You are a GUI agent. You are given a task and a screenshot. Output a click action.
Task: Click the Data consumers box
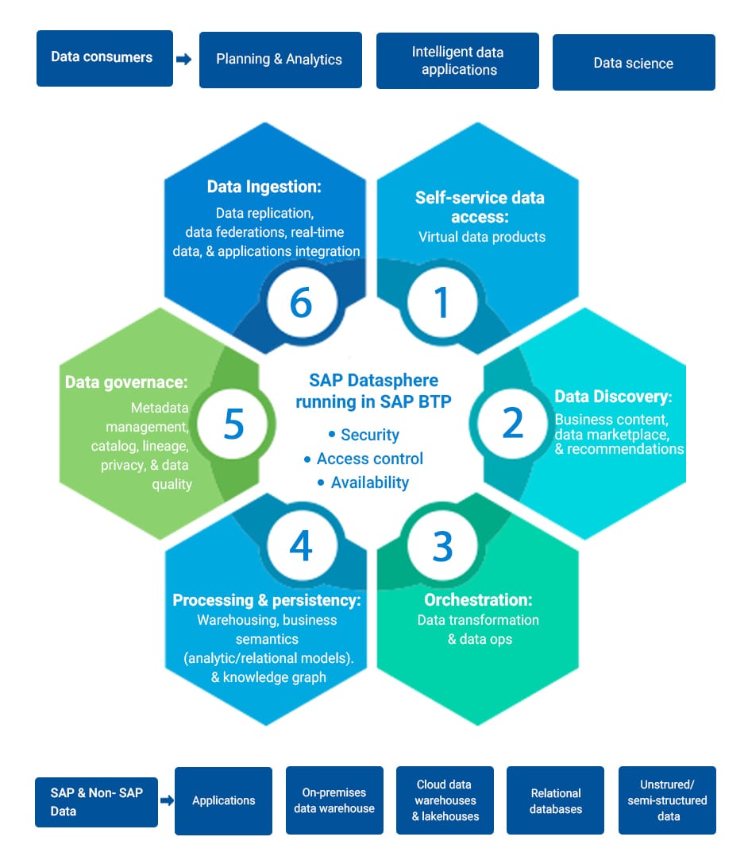coord(105,58)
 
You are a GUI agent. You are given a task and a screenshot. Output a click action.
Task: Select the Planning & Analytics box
coord(280,60)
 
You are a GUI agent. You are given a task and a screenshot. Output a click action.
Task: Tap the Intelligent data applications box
coord(457,61)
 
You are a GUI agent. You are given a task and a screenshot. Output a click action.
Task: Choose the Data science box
coord(634,63)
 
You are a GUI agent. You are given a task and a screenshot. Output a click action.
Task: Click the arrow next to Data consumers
coord(184,59)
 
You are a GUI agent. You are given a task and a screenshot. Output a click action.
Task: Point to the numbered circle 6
coord(302,302)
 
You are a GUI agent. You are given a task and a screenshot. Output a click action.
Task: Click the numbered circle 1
coord(441,302)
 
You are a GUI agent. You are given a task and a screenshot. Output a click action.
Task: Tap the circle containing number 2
coord(512,423)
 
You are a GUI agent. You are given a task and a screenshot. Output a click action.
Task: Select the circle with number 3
coord(442,546)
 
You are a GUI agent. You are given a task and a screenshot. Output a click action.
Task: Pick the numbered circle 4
coord(302,546)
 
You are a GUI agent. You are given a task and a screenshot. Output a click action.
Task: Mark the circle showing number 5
coord(233,424)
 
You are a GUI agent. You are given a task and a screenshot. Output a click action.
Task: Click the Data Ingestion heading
coord(264,187)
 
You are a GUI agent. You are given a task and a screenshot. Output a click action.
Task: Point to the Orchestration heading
coord(478,600)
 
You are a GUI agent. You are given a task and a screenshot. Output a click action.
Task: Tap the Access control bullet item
coord(364,459)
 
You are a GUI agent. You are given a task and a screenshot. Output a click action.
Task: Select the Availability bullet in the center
coord(364,482)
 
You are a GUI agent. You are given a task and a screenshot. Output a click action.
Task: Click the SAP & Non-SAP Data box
coord(96,802)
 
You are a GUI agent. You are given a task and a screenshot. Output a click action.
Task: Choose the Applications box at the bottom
coord(224,800)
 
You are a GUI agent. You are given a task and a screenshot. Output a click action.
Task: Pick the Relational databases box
coord(555,800)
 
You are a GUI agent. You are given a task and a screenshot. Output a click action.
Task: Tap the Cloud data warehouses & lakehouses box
coord(445,800)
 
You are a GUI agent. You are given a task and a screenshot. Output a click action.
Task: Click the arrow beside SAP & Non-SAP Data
coord(167,800)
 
